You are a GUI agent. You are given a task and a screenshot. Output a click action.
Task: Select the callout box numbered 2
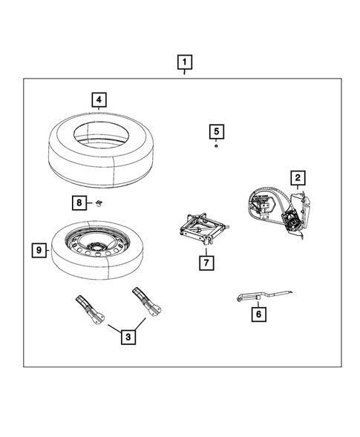pyautogui.click(x=297, y=177)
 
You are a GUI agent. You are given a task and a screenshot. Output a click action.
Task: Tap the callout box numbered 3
pyautogui.click(x=128, y=338)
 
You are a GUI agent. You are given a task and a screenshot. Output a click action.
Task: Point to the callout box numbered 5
pyautogui.click(x=215, y=132)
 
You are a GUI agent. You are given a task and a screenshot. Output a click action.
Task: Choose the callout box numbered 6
pyautogui.click(x=258, y=314)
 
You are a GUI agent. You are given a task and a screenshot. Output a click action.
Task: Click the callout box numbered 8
pyautogui.click(x=78, y=202)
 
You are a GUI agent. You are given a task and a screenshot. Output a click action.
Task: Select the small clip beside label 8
pyautogui.click(x=96, y=203)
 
